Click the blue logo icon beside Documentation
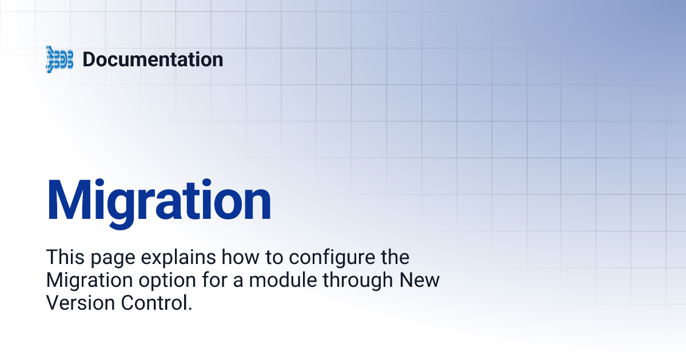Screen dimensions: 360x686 pyautogui.click(x=59, y=59)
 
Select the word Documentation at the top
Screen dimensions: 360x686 pyautogui.click(x=153, y=59)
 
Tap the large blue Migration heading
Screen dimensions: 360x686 pyautogui.click(x=159, y=200)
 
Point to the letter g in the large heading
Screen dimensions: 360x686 pyautogui.click(x=123, y=206)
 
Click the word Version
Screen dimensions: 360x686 pyautogui.click(x=71, y=303)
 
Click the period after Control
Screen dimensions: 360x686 pyautogui.click(x=189, y=309)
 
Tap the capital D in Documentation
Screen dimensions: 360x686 pyautogui.click(x=89, y=59)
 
